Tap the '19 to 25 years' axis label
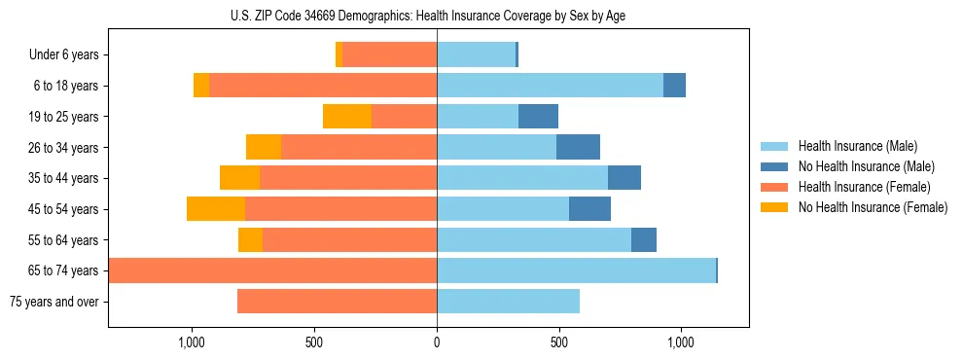tap(63, 117)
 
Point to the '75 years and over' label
tap(54, 302)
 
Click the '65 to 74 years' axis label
tap(63, 270)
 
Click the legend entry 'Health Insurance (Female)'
tap(864, 187)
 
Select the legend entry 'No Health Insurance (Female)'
tap(873, 207)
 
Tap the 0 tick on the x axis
tap(437, 342)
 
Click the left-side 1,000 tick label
tap(192, 342)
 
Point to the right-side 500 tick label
tap(558, 342)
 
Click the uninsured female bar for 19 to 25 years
tap(347, 117)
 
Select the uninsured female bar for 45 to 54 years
tap(216, 209)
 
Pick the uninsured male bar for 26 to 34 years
tap(578, 147)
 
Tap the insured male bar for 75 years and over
tap(508, 302)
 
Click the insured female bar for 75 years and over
tap(337, 302)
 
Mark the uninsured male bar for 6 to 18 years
tap(674, 86)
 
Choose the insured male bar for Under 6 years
tap(476, 55)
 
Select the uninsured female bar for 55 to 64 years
tap(250, 240)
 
